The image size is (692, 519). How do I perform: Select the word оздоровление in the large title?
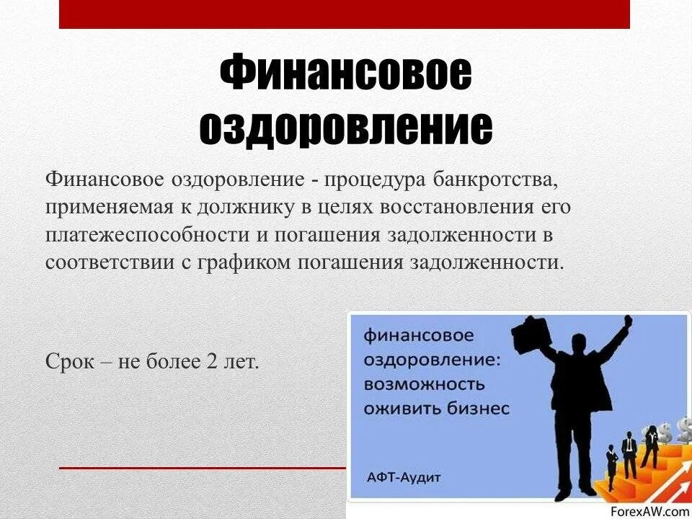tap(345, 128)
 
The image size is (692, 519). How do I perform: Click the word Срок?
tap(70, 361)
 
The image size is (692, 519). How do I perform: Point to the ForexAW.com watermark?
tap(649, 511)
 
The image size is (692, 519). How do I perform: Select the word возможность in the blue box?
tap(424, 383)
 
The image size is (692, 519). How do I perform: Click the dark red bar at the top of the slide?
tap(345, 14)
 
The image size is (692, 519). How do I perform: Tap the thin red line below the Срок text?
tap(202, 468)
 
